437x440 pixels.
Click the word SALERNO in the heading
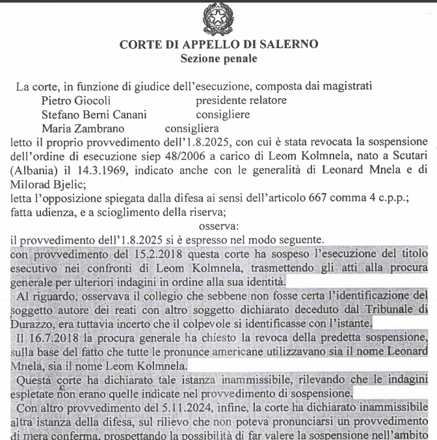[290, 45]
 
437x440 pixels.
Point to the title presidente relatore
[241, 101]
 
